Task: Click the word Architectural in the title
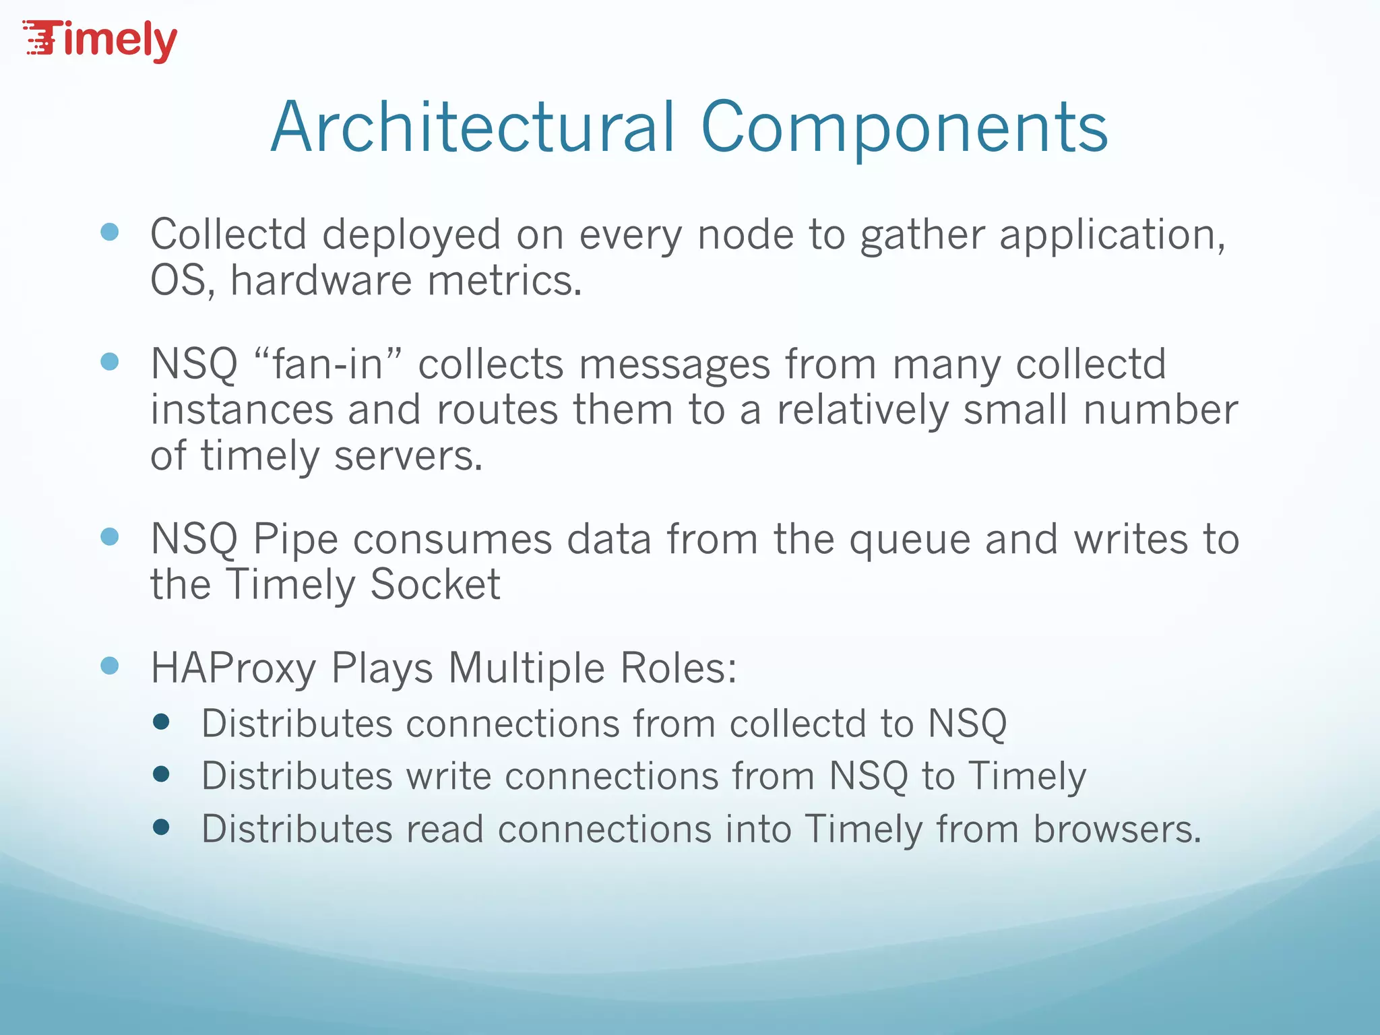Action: [472, 127]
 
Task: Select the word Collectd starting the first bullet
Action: [228, 234]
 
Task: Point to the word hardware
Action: [321, 280]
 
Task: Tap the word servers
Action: [408, 456]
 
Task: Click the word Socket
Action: [435, 584]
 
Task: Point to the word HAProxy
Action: [233, 669]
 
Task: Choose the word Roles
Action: [678, 668]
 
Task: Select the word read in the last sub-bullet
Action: [445, 829]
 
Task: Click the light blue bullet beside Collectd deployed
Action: [109, 232]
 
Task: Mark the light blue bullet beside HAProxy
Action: [109, 666]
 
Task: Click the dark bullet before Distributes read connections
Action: [161, 827]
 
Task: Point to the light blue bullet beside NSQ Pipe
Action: [109, 537]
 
